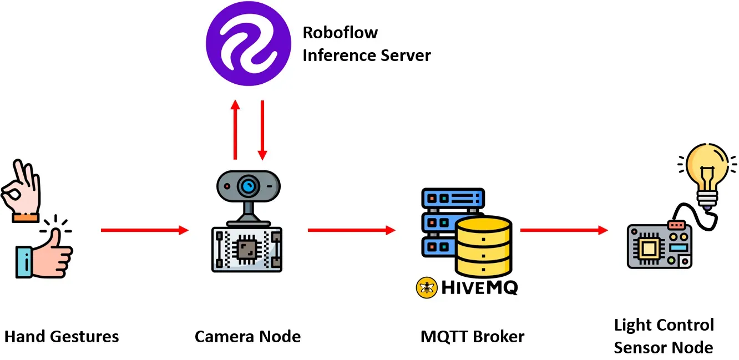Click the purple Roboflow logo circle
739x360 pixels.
point(248,44)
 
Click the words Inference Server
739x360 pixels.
point(366,55)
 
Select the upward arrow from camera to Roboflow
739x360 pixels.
point(235,130)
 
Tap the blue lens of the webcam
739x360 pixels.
point(248,185)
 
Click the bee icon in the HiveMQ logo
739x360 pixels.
point(426,287)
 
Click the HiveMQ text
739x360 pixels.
point(478,287)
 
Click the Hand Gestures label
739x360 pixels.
point(62,336)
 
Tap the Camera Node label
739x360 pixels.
point(247,336)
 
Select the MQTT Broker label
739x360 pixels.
point(472,336)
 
